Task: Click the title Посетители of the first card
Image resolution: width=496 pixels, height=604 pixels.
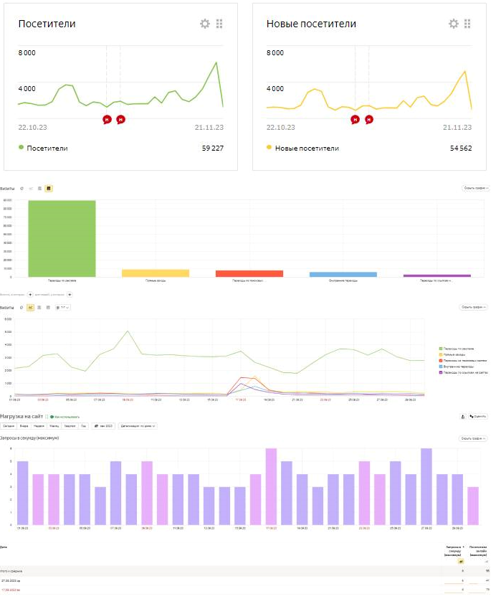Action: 47,24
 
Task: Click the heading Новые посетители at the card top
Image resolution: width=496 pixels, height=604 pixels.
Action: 311,24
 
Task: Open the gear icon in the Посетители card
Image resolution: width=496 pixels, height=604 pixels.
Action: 205,24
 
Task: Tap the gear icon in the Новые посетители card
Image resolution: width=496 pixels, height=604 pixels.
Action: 453,24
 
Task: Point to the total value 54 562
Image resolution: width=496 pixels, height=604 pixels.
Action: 457,148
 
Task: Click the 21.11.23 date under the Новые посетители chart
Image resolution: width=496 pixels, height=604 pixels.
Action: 457,128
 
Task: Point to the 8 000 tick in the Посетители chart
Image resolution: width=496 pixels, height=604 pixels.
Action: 27,53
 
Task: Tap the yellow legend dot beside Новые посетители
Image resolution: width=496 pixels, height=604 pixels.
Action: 270,148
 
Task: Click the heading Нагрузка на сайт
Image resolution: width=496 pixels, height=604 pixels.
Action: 22,416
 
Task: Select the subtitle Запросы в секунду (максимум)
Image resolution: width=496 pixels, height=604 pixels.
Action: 29,438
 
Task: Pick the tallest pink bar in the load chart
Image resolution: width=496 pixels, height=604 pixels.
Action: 271,486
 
